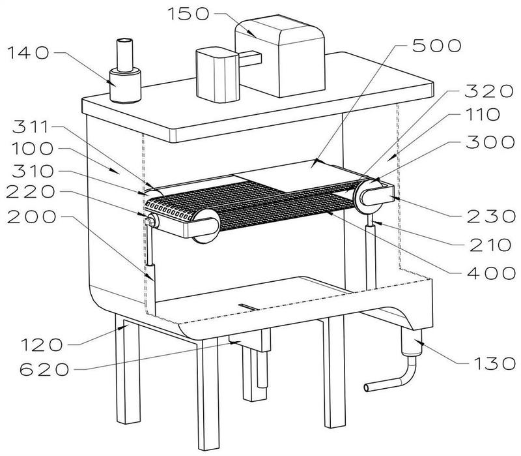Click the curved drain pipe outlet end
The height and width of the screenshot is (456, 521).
(x=366, y=388)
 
